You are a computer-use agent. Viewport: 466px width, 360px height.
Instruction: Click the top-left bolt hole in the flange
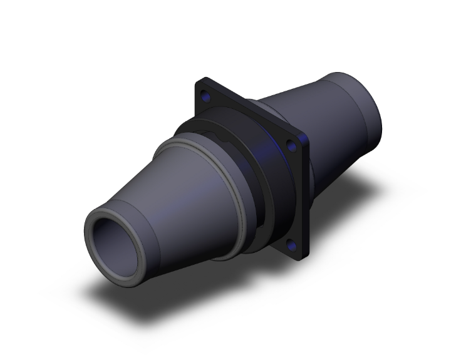tap(206, 97)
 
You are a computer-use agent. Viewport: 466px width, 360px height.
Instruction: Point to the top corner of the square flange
tap(199, 80)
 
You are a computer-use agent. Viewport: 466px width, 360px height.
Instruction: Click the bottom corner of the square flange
tap(299, 258)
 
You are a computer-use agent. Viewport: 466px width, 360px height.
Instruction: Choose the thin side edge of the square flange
tap(306, 188)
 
